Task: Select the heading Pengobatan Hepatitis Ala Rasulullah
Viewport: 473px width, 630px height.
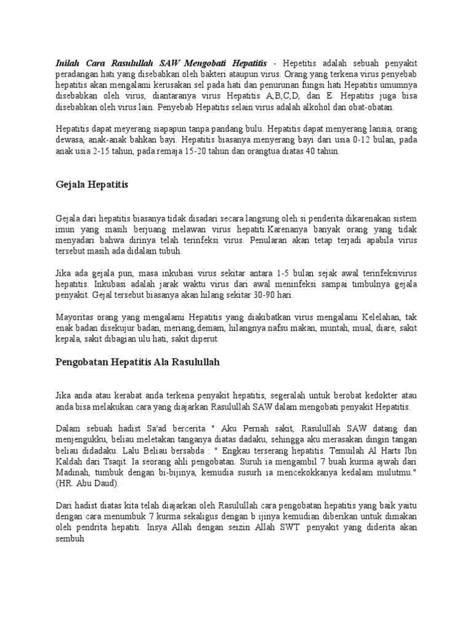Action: coord(134,362)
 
